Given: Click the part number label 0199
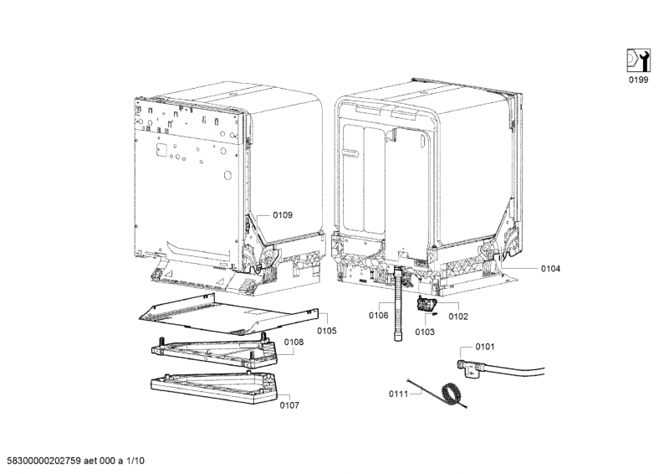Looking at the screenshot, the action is coord(638,80).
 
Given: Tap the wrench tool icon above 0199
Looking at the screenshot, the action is coord(638,60).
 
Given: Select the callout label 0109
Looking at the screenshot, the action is coord(283,215).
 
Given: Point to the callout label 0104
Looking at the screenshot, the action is coord(551,269).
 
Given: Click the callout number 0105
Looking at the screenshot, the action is coord(327,331).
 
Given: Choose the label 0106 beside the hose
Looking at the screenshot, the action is coord(379,316).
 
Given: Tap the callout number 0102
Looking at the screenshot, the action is coord(458,317).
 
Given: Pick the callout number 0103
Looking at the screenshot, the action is coord(425,332).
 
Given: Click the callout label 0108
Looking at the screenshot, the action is coord(294,342).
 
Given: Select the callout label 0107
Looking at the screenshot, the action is coord(289,405).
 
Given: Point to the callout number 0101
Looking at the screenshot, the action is coord(485,346).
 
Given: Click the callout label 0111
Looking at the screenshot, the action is coord(399,394).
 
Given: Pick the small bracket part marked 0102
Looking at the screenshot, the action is coord(425,304).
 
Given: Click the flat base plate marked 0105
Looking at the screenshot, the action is coord(229,314).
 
